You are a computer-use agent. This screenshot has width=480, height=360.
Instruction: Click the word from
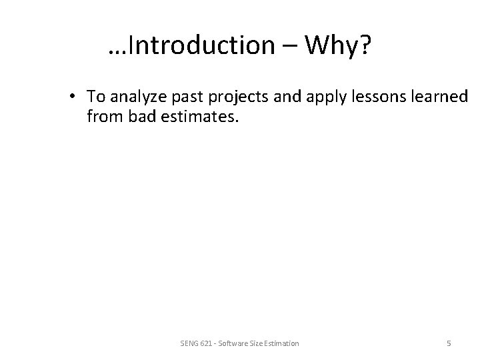tap(101, 117)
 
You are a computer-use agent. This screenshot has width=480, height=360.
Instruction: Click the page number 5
tap(449, 343)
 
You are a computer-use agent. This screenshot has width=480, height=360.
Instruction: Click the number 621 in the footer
tap(207, 343)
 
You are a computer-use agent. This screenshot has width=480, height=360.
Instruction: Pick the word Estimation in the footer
tap(281, 343)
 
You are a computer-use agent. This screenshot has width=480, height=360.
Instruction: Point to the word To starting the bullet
tap(95, 97)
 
